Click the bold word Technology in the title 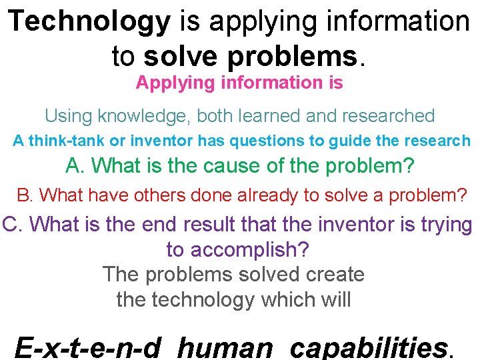tap(90, 22)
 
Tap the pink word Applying tap(167, 83)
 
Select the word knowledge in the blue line tap(143, 116)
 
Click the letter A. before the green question tap(75, 165)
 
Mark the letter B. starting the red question tap(25, 195)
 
